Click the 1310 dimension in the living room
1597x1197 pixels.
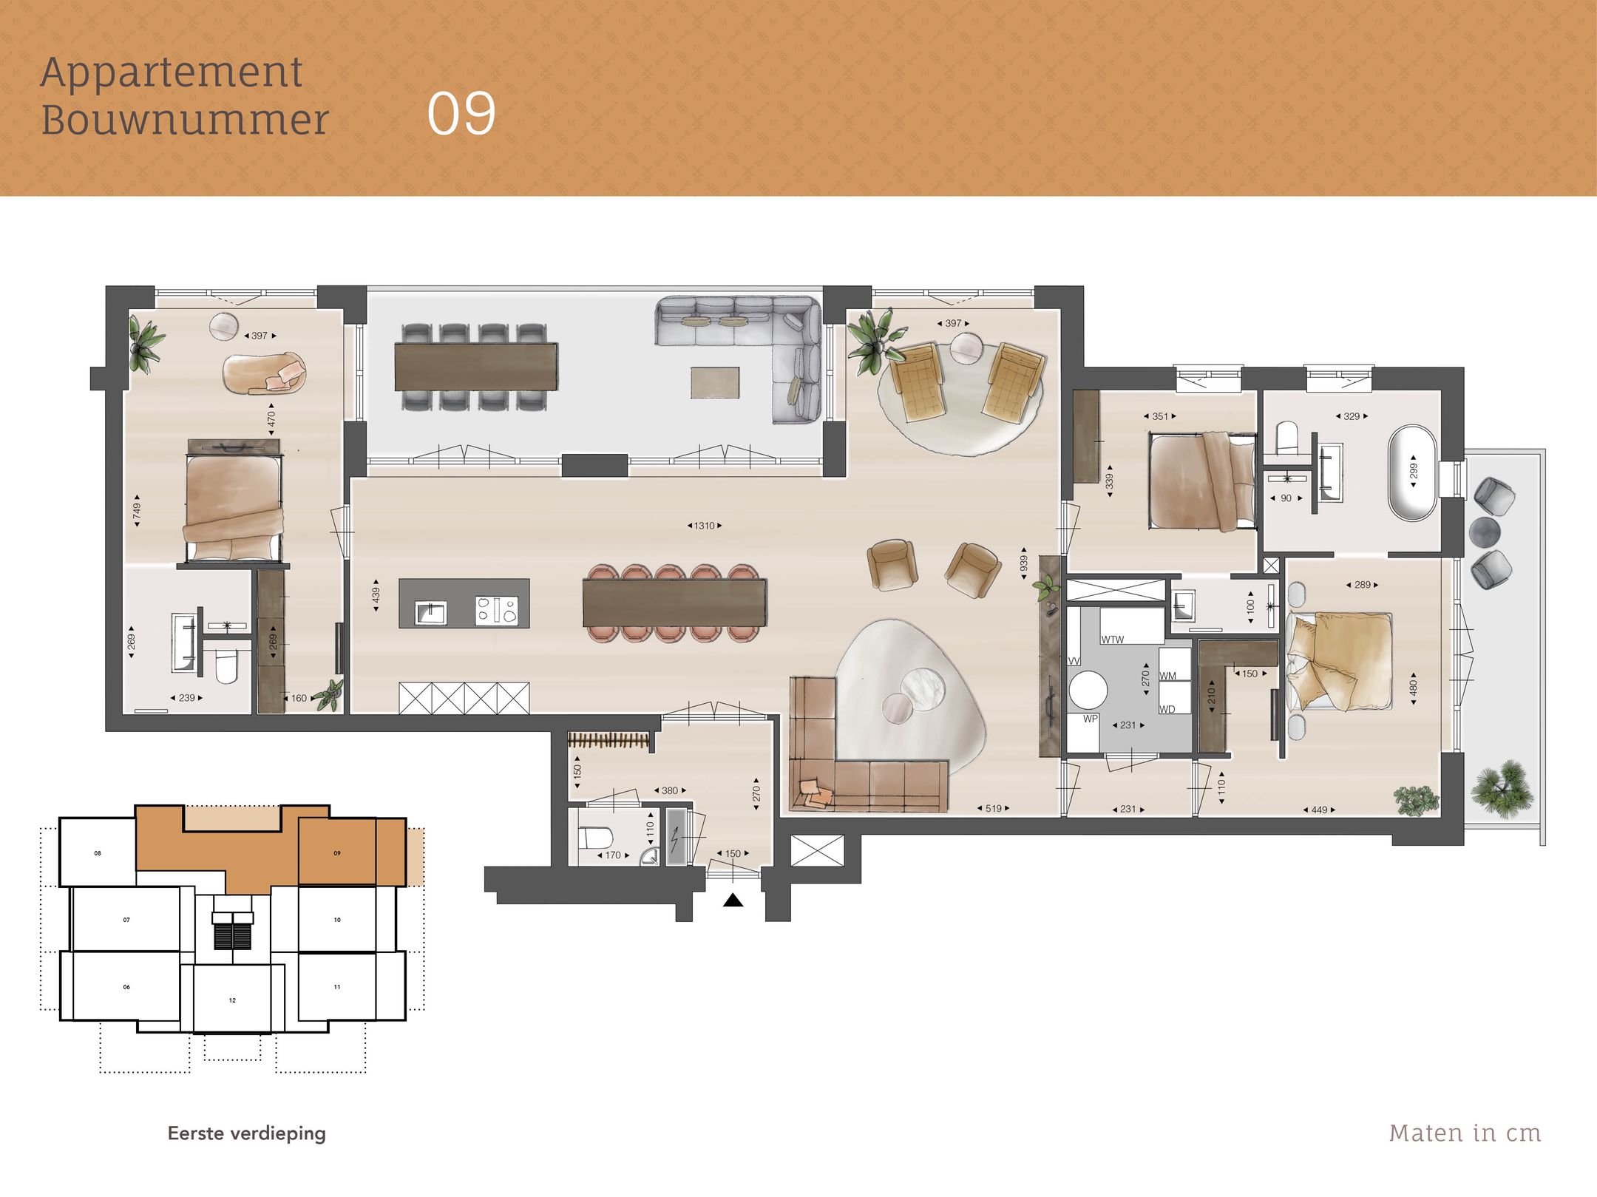[x=704, y=526]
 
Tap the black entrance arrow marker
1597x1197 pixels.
[x=733, y=900]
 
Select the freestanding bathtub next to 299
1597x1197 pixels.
[x=1413, y=472]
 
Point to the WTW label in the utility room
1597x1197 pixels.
[x=1112, y=640]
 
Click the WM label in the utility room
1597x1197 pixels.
[x=1168, y=676]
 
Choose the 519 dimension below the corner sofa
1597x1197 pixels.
[x=993, y=808]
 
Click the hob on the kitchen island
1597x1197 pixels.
[x=497, y=611]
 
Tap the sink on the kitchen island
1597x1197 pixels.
[x=430, y=612]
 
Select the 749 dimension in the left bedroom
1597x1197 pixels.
[x=137, y=510]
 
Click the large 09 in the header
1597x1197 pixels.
[x=461, y=114]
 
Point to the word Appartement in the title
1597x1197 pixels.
[x=172, y=72]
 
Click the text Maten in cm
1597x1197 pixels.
[x=1465, y=1133]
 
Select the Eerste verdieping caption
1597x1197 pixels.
[x=246, y=1133]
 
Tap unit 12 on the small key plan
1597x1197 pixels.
[x=232, y=1000]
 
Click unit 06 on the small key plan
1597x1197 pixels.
[x=126, y=987]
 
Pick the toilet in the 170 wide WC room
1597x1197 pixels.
[x=595, y=838]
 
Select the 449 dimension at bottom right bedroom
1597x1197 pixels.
[x=1319, y=810]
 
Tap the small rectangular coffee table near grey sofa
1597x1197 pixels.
[x=715, y=383]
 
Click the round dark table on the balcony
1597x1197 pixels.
[x=1484, y=531]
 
